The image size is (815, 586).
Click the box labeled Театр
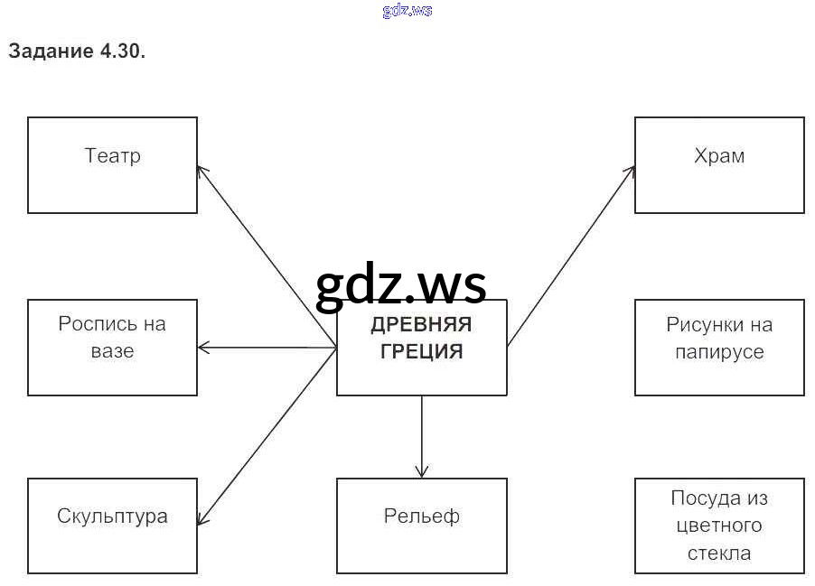(112, 165)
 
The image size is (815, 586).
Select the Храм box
(719, 165)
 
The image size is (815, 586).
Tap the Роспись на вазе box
(112, 348)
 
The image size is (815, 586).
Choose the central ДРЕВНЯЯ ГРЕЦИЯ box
(421, 348)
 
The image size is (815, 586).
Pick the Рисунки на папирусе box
(719, 348)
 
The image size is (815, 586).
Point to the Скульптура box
(112, 526)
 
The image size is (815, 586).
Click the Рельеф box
(421, 526)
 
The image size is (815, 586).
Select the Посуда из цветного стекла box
(719, 526)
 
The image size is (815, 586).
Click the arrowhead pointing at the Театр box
(201, 169)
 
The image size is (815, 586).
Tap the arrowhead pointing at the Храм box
(631, 169)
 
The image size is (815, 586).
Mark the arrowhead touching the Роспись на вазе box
(202, 348)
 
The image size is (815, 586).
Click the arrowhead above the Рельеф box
(421, 472)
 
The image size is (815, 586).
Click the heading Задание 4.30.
(77, 51)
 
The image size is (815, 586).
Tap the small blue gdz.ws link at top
(407, 11)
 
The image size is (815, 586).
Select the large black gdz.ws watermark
(401, 284)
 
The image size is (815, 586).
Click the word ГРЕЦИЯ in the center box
(421, 352)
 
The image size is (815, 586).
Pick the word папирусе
(719, 352)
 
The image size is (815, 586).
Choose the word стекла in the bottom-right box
(719, 553)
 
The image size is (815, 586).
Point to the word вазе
(112, 351)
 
